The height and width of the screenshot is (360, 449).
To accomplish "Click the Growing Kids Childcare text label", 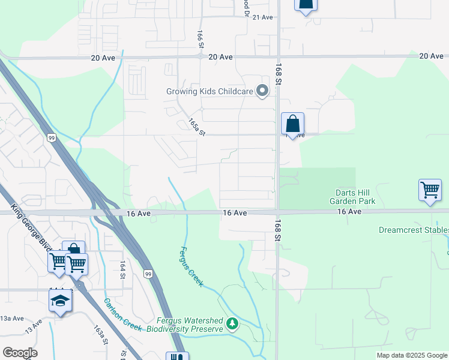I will pos(209,92).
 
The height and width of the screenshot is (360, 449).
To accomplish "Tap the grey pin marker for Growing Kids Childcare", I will pos(262,91).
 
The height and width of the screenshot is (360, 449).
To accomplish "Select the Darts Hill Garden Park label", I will pos(355,197).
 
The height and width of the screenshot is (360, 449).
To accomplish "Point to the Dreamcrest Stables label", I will pos(414,230).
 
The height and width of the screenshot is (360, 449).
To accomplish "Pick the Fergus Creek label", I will pos(192,266).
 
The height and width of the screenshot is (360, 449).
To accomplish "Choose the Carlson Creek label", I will pos(122,314).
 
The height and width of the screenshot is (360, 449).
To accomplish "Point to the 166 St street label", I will pos(200,37).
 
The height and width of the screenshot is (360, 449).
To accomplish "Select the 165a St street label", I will pos(196,126).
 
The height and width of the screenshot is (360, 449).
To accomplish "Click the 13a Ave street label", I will pos(11,318).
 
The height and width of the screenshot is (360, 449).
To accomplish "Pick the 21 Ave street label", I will pos(262,17).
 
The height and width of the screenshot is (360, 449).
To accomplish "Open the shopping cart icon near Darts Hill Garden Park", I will pos(430,190).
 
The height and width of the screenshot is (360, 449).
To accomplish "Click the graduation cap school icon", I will pos(60,300).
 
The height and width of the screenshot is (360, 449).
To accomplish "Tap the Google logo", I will pos(20,353).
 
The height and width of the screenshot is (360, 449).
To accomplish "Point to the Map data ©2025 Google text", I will pos(412,355).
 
